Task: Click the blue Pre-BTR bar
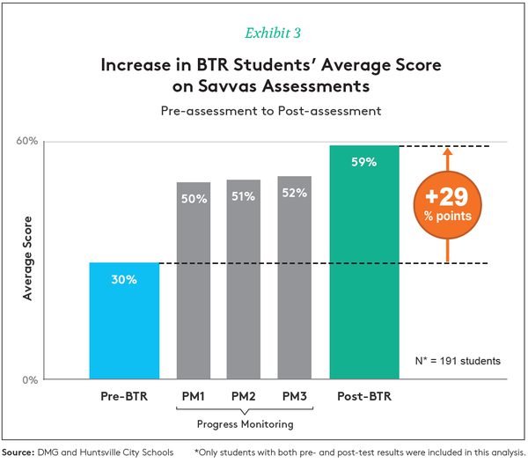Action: tap(124, 321)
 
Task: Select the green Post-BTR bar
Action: tap(364, 264)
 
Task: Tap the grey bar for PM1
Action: tap(194, 282)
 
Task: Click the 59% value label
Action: tap(364, 162)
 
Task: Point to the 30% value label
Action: tap(124, 280)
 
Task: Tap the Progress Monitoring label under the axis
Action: tap(245, 424)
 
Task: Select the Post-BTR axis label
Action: tap(364, 397)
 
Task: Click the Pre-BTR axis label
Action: tap(124, 397)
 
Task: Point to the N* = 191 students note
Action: tap(457, 361)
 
